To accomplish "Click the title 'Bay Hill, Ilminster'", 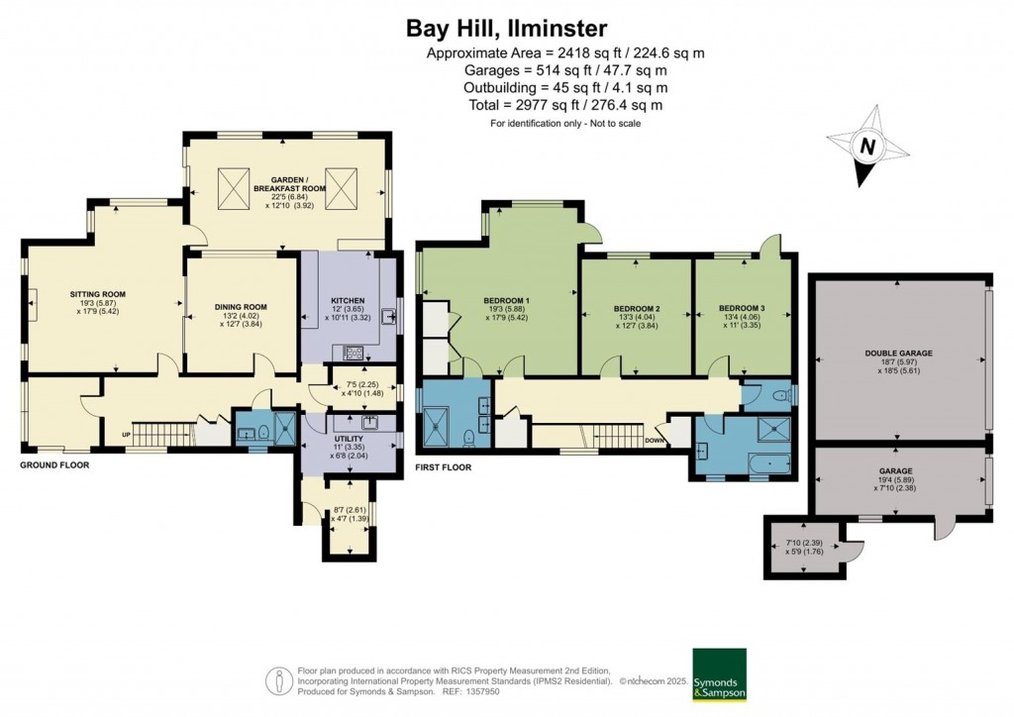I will click(x=508, y=27).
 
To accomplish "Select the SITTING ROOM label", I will click(x=97, y=294).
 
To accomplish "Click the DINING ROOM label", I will click(x=242, y=307).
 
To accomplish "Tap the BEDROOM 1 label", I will click(x=506, y=301).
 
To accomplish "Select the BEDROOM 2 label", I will click(x=635, y=308).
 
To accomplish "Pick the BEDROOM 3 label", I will click(x=742, y=308).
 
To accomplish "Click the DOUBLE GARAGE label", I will click(x=898, y=353).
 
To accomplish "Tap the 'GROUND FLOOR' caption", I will click(x=54, y=464).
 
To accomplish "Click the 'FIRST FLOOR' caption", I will click(x=444, y=467).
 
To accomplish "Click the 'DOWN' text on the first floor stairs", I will click(x=655, y=440).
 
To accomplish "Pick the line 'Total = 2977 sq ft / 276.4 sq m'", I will click(x=564, y=105).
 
